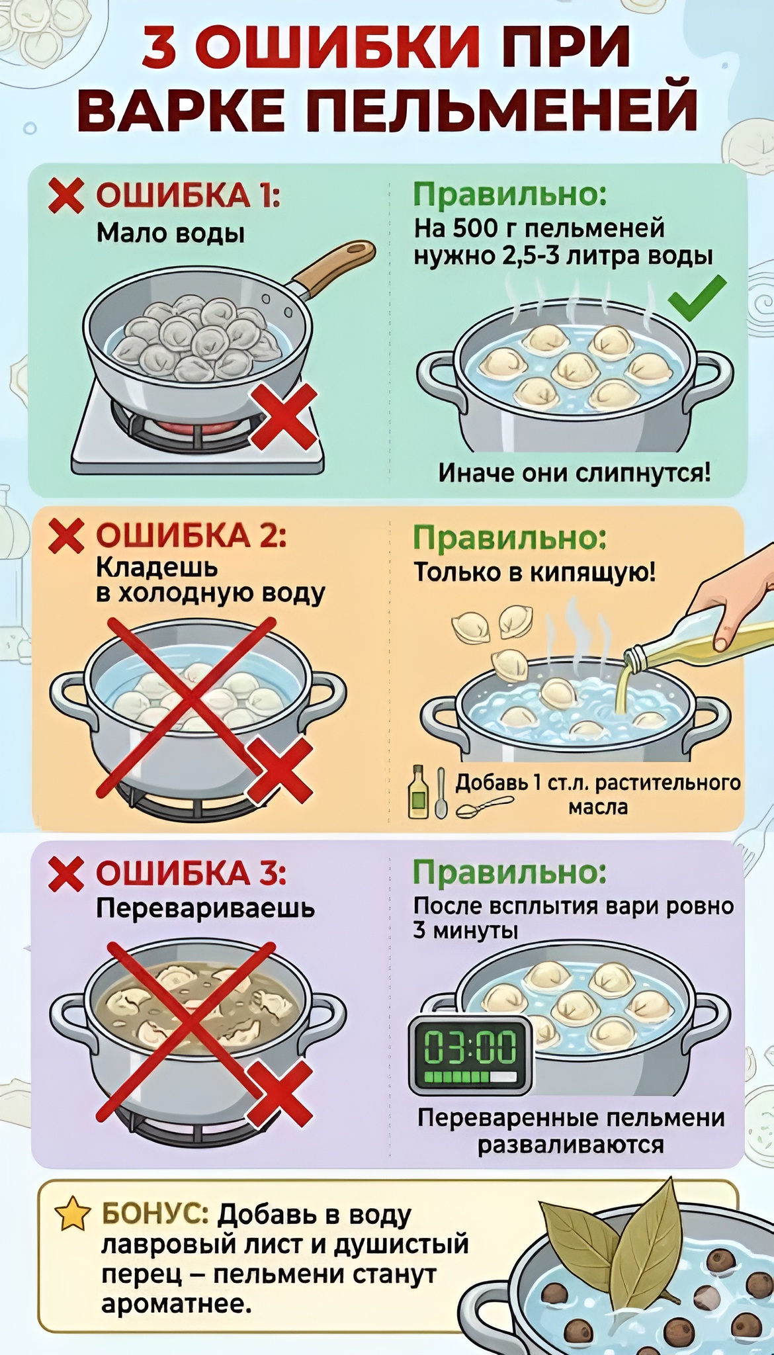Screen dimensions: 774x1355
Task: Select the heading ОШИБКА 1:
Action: coord(189,196)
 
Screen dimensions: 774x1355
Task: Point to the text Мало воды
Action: coord(171,233)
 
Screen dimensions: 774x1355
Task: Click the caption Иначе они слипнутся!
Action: coord(574,472)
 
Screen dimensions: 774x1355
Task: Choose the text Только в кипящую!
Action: coord(535,572)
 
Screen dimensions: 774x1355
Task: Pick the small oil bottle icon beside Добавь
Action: coord(417,791)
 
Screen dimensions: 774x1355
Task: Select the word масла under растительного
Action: coord(598,808)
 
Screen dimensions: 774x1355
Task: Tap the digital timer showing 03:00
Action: coord(470,1055)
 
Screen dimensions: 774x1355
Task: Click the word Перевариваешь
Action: coord(205,908)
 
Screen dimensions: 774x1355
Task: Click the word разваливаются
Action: coord(571,1145)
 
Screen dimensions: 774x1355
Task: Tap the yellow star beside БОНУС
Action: coord(73,1214)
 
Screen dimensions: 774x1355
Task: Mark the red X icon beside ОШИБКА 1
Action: coord(66,197)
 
